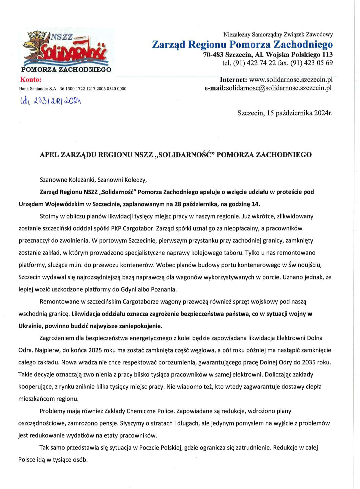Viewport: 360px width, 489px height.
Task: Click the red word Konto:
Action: (x=31, y=80)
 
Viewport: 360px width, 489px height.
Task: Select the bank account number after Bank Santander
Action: (x=93, y=89)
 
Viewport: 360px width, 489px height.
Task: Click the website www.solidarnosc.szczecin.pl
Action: (x=291, y=80)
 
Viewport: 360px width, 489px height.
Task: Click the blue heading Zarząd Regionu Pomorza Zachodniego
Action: (x=242, y=44)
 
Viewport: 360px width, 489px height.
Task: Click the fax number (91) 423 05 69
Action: (x=311, y=63)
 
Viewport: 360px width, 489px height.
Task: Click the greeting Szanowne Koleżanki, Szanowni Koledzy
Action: (x=93, y=180)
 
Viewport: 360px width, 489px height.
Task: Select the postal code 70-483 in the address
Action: (x=213, y=54)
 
